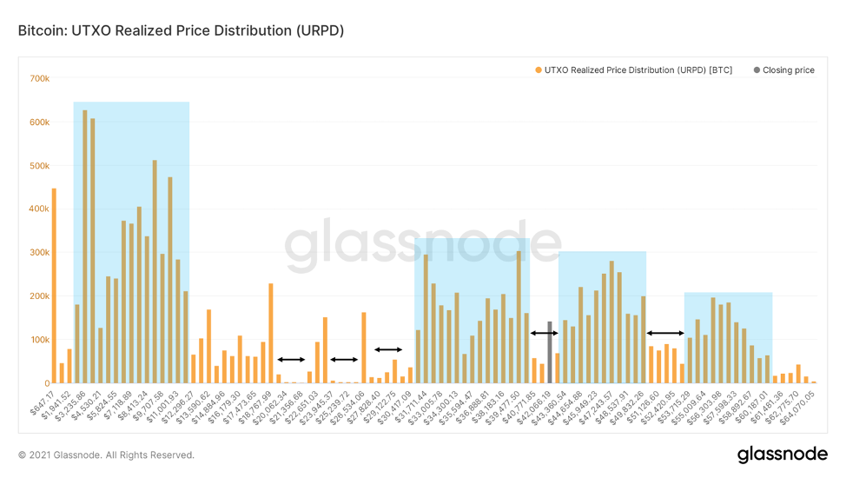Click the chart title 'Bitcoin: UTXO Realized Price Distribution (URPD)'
pyautogui.click(x=182, y=31)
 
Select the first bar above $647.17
pyautogui.click(x=54, y=286)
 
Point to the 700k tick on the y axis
pyautogui.click(x=39, y=79)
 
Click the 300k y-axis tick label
pyautogui.click(x=39, y=253)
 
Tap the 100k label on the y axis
pyautogui.click(x=39, y=340)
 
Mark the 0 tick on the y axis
pyautogui.click(x=46, y=383)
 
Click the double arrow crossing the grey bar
pyautogui.click(x=545, y=333)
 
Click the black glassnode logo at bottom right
pyautogui.click(x=777, y=455)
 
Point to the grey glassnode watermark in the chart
pyautogui.click(x=424, y=248)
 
